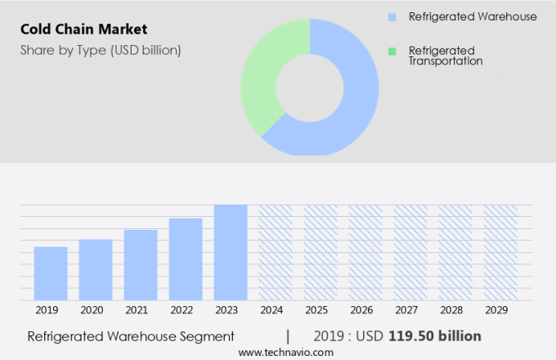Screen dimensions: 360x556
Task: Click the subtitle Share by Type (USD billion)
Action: [101, 50]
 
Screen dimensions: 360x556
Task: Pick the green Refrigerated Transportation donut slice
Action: [260, 82]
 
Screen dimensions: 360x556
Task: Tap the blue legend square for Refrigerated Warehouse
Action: [392, 16]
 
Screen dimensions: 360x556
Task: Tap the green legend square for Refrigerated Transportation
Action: [392, 51]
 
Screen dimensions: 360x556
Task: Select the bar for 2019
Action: [51, 273]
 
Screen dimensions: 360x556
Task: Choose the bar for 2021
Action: [141, 264]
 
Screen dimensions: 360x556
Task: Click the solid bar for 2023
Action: [231, 252]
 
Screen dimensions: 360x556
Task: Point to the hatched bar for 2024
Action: [276, 252]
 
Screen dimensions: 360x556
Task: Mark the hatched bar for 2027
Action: [410, 252]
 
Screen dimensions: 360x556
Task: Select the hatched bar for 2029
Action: [500, 252]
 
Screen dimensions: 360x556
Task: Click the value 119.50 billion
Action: [434, 336]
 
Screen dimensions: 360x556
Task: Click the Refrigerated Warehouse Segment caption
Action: [131, 336]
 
